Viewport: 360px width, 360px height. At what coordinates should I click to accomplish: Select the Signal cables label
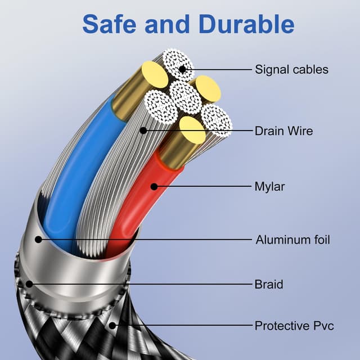click(x=291, y=70)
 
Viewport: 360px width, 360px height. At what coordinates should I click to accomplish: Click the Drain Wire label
click(x=283, y=131)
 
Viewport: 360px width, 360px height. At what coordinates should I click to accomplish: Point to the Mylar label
click(x=270, y=186)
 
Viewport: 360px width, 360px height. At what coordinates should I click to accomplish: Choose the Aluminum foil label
click(x=292, y=240)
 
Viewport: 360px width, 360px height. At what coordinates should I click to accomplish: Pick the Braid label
click(x=269, y=284)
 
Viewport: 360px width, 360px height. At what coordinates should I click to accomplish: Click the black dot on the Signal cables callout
click(x=182, y=70)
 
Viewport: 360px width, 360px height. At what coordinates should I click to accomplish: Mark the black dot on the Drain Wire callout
click(x=143, y=130)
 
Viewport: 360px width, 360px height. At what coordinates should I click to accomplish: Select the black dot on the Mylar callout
click(x=153, y=186)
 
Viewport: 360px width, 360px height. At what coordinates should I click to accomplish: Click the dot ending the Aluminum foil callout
click(x=38, y=240)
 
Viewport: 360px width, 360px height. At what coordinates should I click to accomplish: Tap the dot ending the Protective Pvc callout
click(x=112, y=326)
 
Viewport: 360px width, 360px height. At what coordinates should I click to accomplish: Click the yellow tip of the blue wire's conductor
click(x=154, y=74)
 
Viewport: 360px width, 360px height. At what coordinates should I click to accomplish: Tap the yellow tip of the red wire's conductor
click(x=192, y=129)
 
